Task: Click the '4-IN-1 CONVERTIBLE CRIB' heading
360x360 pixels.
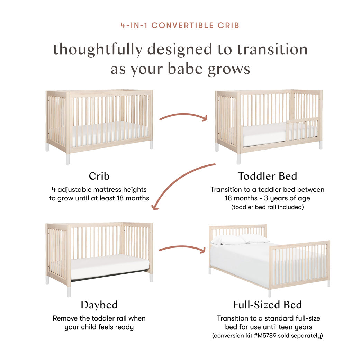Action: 180,25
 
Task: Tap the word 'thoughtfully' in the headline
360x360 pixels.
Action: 98,49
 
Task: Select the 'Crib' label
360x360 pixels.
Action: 99,176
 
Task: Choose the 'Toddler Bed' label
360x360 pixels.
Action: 268,176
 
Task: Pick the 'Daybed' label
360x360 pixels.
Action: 99,305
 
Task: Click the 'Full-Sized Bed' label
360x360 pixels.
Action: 268,305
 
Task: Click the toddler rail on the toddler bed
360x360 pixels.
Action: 303,129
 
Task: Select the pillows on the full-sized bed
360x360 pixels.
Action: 240,240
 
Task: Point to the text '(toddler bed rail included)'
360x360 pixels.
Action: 268,207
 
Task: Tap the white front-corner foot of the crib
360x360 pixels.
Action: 68,159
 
